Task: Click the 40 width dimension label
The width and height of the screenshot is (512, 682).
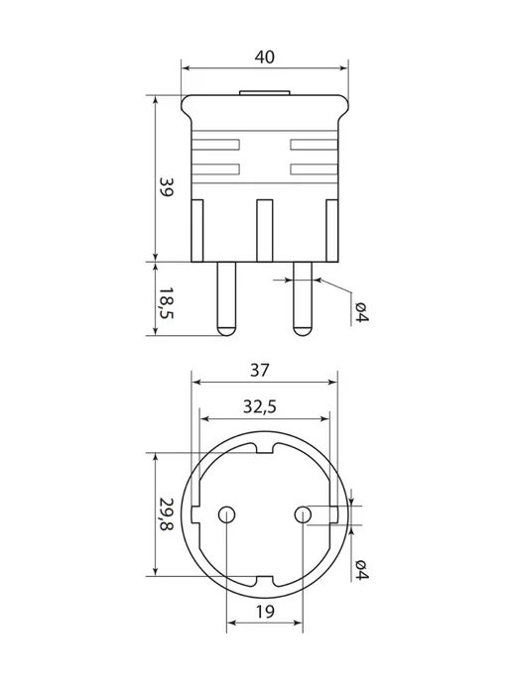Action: click(265, 57)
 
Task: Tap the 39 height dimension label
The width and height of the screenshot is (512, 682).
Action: click(166, 186)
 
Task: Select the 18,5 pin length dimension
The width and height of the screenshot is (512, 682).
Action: click(166, 302)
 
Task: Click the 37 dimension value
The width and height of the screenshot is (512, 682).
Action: click(260, 370)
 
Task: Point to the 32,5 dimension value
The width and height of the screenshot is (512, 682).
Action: click(260, 407)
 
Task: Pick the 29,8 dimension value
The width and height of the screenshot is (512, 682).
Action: click(166, 514)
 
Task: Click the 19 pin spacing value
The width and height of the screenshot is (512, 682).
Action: click(265, 612)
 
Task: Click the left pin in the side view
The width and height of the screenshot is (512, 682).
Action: click(226, 298)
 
